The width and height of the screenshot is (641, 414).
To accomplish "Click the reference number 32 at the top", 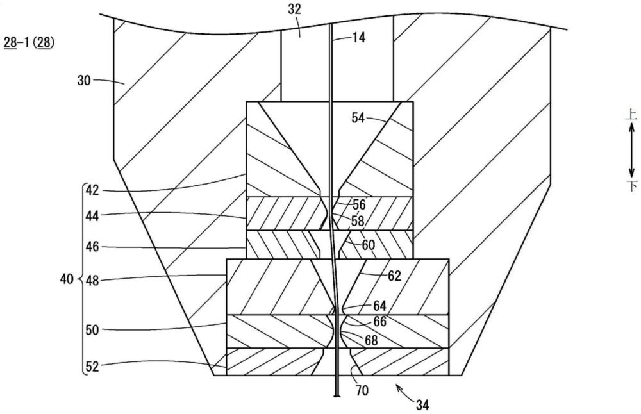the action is click(294, 9).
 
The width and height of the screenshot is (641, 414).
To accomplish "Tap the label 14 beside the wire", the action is click(358, 38).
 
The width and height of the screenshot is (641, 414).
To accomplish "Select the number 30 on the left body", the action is click(84, 81).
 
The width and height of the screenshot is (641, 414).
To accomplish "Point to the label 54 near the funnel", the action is click(358, 118).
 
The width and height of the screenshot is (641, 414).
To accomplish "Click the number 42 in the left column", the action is click(92, 190).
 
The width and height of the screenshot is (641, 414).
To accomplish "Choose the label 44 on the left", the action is click(92, 216).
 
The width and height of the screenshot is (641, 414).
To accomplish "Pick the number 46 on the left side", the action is click(92, 247).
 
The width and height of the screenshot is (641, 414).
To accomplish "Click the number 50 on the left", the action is click(92, 329).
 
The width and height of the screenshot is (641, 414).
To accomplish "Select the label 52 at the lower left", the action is click(92, 367).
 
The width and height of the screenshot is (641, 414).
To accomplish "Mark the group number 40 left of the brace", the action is click(67, 279).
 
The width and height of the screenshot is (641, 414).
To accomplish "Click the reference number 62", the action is click(394, 276).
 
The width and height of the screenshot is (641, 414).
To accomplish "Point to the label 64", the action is click(379, 306).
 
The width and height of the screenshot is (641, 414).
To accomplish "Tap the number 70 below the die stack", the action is click(362, 391).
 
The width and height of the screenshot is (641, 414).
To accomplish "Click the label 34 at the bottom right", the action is click(422, 405).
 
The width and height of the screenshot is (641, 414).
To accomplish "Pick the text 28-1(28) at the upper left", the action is click(29, 42).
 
